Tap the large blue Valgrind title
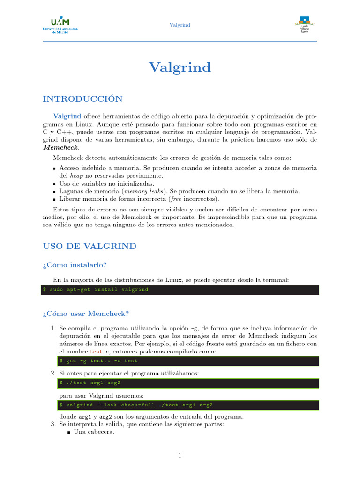[x=180, y=67]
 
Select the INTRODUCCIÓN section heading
[x=82, y=98]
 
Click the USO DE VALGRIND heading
[x=90, y=246]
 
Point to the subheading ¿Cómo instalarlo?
[x=77, y=265]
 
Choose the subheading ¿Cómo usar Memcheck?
[x=85, y=313]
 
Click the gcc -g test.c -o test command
[x=98, y=361]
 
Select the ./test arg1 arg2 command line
[x=90, y=383]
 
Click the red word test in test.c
[x=96, y=351]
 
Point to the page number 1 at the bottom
[x=180, y=455]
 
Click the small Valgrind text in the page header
[x=180, y=25]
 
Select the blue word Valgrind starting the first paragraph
[x=67, y=116]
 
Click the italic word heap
[x=77, y=176]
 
